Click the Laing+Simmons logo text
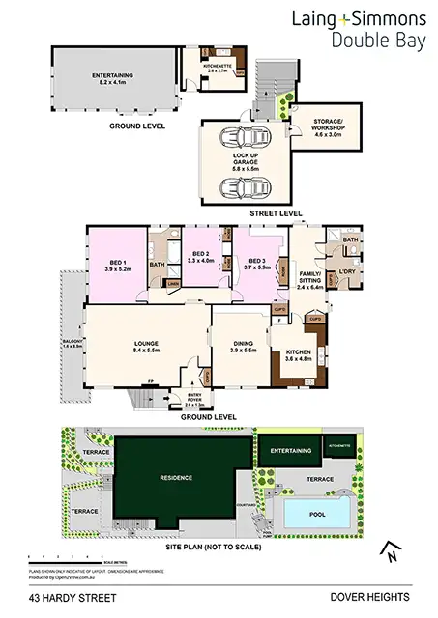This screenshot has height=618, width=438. pyautogui.click(x=360, y=19)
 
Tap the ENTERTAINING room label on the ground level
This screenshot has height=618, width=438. pyautogui.click(x=112, y=78)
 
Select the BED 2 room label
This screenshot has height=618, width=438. pyautogui.click(x=198, y=258)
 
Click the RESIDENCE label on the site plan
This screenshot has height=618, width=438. pyautogui.click(x=177, y=478)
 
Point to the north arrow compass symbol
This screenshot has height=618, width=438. pyautogui.click(x=389, y=550)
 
